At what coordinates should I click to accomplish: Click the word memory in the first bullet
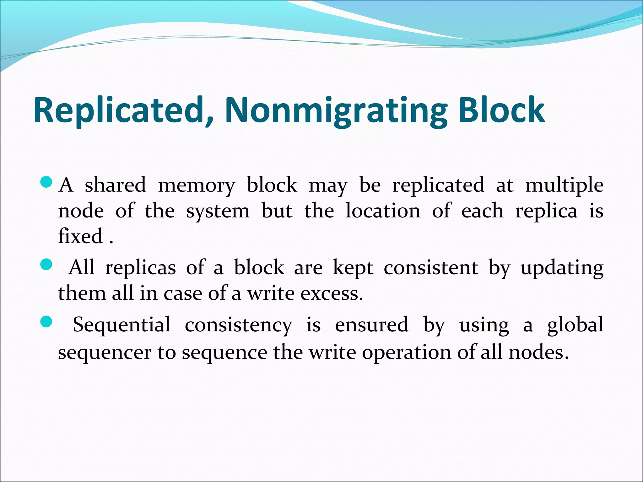click(196, 185)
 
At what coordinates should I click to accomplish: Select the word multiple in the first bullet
click(564, 185)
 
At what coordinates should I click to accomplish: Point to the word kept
click(353, 269)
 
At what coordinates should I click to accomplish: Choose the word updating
click(562, 269)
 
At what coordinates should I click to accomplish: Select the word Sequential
click(122, 324)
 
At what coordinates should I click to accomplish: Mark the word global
click(575, 324)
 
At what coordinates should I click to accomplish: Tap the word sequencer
click(105, 352)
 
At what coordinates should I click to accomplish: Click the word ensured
click(372, 324)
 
